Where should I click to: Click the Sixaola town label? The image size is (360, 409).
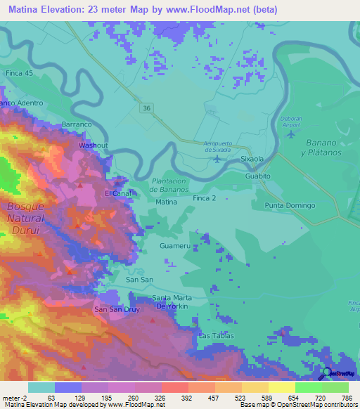[x=252, y=160]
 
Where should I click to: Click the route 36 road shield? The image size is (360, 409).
[x=146, y=108]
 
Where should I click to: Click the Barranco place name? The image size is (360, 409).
[x=77, y=124]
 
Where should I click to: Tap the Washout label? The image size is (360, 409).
[x=93, y=145]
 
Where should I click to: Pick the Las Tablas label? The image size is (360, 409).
[x=215, y=336]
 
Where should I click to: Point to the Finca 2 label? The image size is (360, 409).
[x=205, y=200]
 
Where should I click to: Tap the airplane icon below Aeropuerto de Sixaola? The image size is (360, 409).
[x=217, y=158]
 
